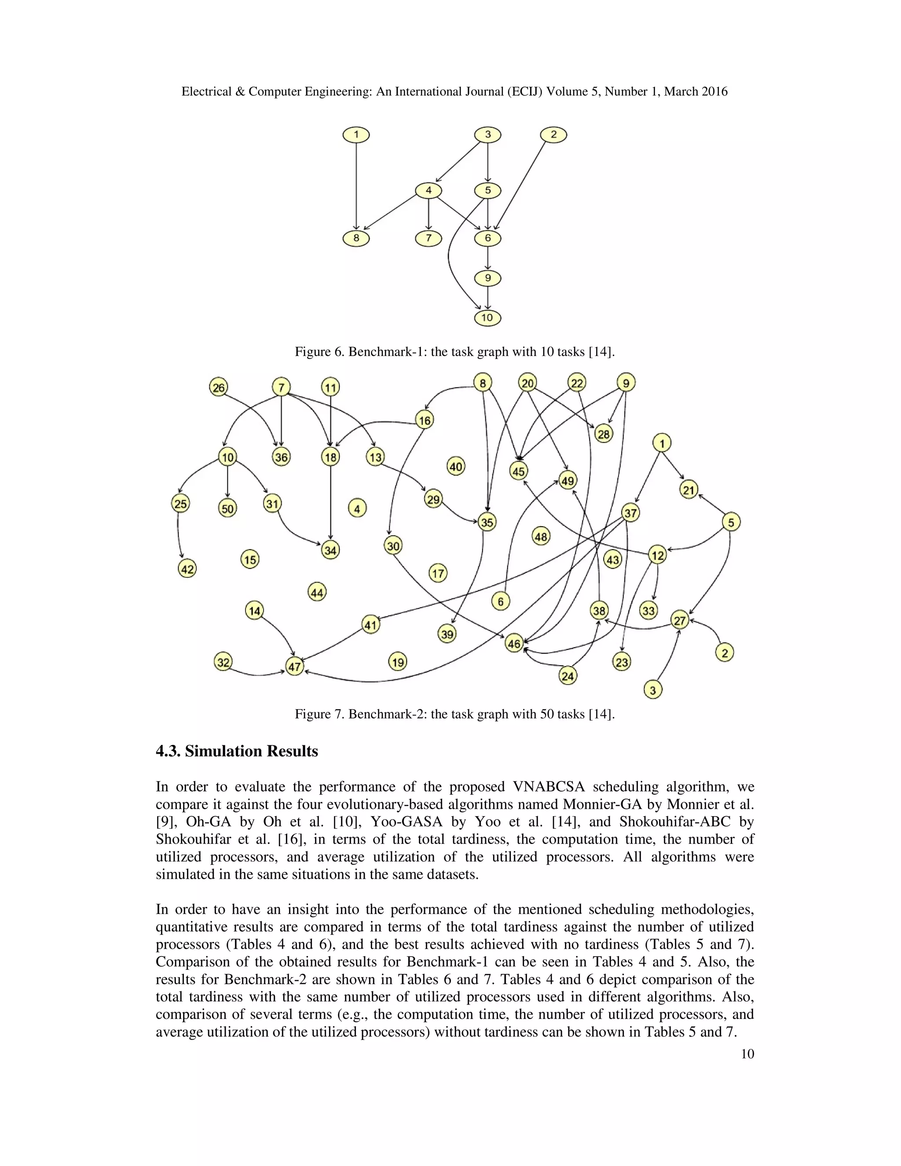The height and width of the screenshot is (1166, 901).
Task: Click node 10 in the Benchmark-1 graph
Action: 487,318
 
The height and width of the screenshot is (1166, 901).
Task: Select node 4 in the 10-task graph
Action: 428,191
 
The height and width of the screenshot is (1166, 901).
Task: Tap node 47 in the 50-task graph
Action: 295,667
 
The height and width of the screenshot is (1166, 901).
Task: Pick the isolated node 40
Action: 455,466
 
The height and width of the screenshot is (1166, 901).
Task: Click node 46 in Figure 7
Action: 513,644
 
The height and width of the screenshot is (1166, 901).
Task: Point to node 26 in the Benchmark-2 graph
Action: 218,387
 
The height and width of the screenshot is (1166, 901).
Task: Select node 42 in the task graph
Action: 187,569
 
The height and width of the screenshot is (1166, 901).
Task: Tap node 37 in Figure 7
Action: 630,513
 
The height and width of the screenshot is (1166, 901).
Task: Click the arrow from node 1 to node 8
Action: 356,187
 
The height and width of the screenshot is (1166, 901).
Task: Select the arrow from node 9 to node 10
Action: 487,298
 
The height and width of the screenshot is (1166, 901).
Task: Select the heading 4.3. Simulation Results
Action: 236,752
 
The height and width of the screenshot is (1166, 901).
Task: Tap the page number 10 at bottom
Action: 747,1054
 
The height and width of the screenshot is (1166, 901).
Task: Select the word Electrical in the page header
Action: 205,92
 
